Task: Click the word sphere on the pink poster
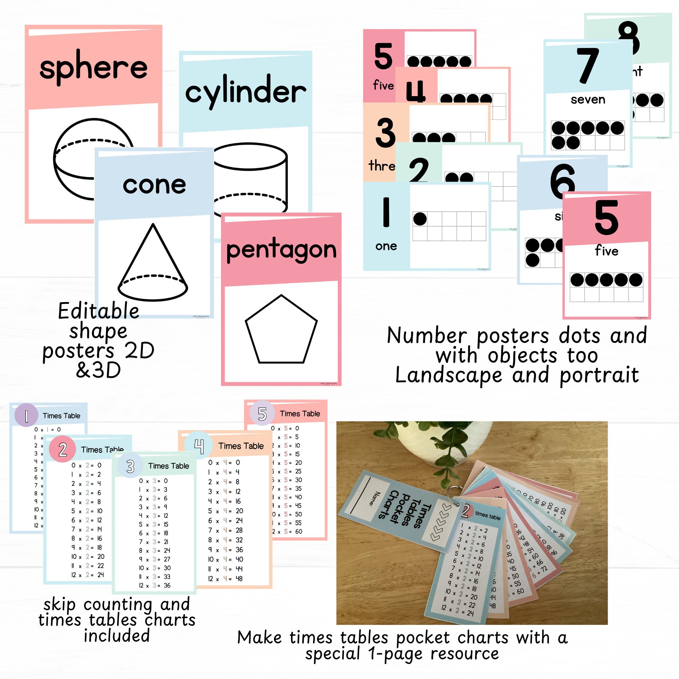tap(93, 68)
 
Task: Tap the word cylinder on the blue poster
tap(245, 92)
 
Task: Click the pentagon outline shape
tap(281, 330)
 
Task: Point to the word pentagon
tap(281, 250)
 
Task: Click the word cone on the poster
tap(154, 185)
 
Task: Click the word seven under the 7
tap(588, 100)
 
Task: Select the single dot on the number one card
tap(420, 219)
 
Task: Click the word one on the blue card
tap(386, 246)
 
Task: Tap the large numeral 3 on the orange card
tap(386, 133)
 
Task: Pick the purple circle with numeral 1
tap(26, 416)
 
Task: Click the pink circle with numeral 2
tap(62, 449)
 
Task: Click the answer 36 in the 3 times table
tap(167, 586)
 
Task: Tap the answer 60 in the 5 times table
tap(298, 532)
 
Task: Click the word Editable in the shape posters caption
tap(99, 311)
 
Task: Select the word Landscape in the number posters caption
tap(448, 375)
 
